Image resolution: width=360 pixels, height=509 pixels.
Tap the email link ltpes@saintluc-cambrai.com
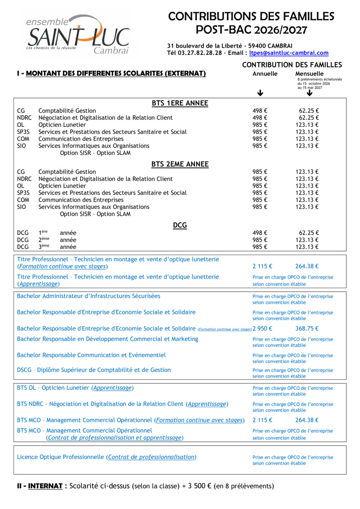coord(289,53)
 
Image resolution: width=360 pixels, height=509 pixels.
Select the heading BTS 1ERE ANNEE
coord(180,103)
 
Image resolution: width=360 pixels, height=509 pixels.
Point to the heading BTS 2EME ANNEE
coord(180,164)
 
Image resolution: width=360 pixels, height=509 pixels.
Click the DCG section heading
coord(180,226)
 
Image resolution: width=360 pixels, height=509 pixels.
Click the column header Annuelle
coord(265,74)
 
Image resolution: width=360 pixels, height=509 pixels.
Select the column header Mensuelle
coord(309,74)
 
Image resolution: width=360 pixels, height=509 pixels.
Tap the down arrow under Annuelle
coord(260,93)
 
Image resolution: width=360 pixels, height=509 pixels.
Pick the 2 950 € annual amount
coord(262,328)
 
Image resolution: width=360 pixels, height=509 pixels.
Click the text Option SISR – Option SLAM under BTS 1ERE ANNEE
coord(95,153)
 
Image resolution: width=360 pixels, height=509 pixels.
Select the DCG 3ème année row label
coord(47,247)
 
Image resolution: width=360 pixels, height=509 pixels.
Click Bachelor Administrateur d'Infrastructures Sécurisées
coord(89,296)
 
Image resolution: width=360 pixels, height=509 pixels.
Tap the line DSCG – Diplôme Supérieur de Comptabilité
coord(94,370)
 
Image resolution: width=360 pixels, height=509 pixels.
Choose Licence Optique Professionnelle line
coord(107,457)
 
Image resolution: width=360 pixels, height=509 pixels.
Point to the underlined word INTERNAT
coord(45,486)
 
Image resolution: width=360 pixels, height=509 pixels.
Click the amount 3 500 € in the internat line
coord(199,486)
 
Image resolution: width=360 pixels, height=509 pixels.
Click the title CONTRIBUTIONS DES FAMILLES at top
coord(251,17)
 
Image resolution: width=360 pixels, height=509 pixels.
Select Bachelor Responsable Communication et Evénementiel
coord(91,355)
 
